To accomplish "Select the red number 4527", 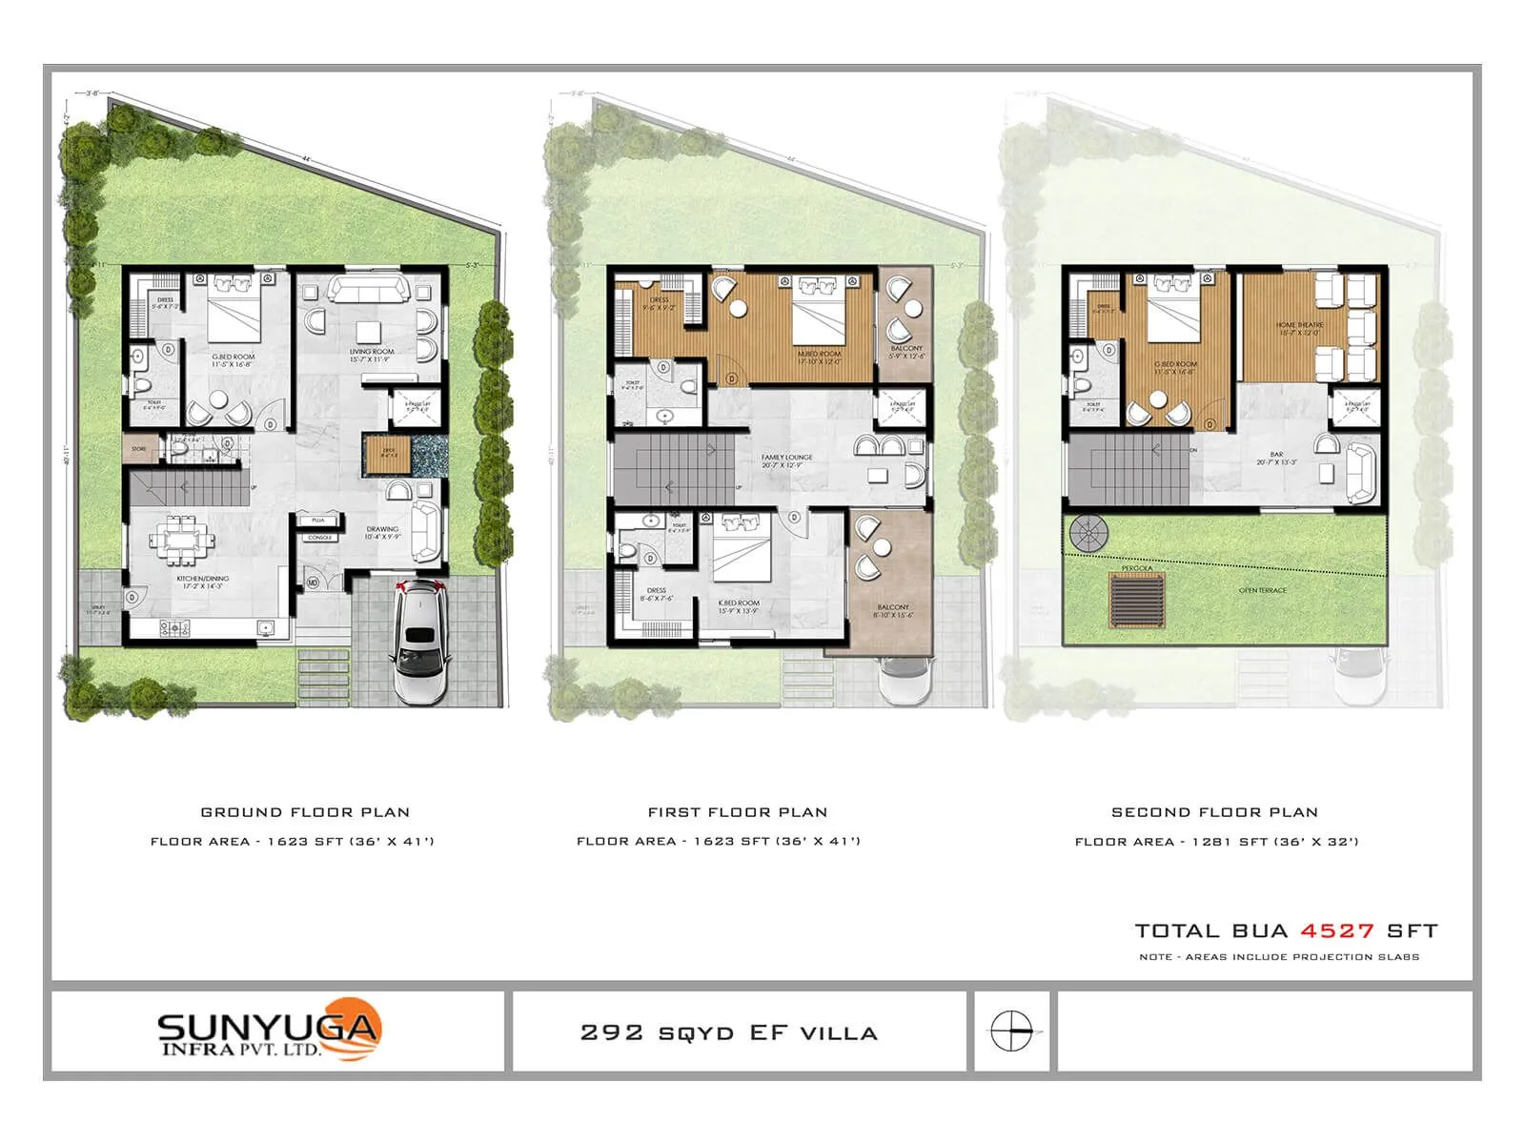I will click(1337, 930).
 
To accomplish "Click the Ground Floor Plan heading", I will click(305, 812).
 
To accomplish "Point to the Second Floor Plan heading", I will click(1214, 812).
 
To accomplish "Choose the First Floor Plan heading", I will click(738, 812).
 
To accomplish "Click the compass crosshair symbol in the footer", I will click(1010, 1032).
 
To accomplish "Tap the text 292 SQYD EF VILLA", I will click(729, 1032).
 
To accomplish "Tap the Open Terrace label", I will click(1262, 591).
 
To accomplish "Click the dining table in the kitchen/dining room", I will click(181, 541).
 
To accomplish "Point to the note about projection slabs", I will click(1279, 957).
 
